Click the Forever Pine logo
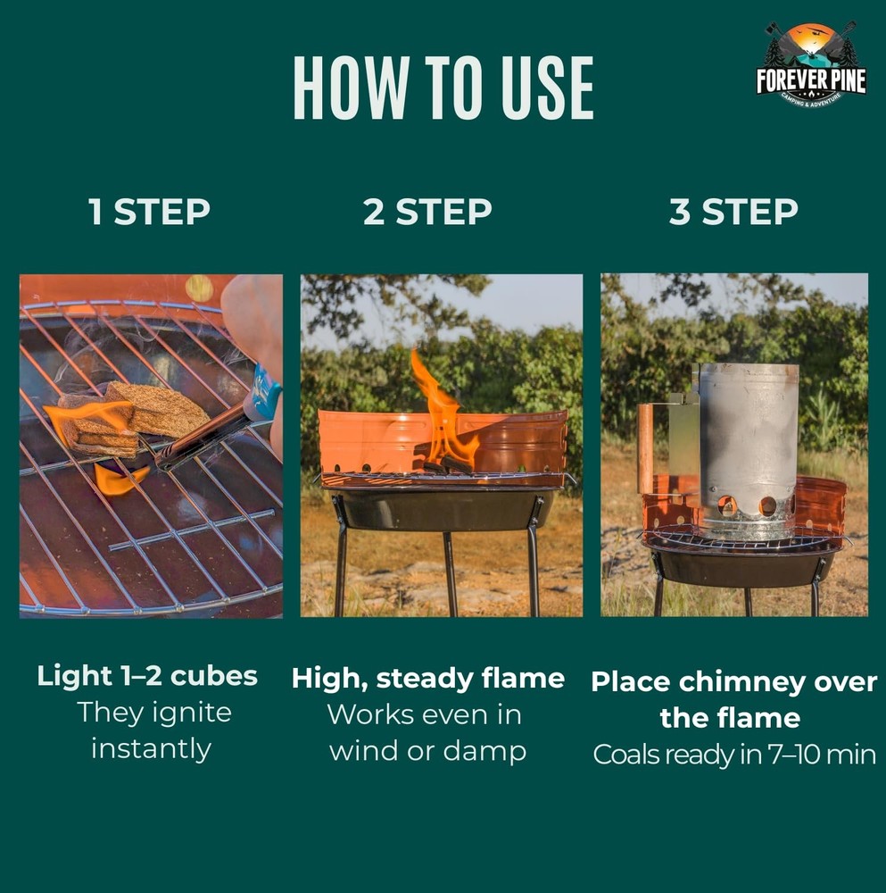pos(811,65)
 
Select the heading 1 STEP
pos(149,212)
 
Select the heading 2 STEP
pos(427,212)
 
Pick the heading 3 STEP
pos(733,212)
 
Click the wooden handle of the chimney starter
pos(645,448)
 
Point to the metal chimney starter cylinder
pos(747,450)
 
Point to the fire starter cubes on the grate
pos(132,417)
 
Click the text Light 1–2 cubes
pos(147,676)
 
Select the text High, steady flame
pos(428,679)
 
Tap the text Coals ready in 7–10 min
pos(734,755)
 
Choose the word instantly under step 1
pos(152,749)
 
